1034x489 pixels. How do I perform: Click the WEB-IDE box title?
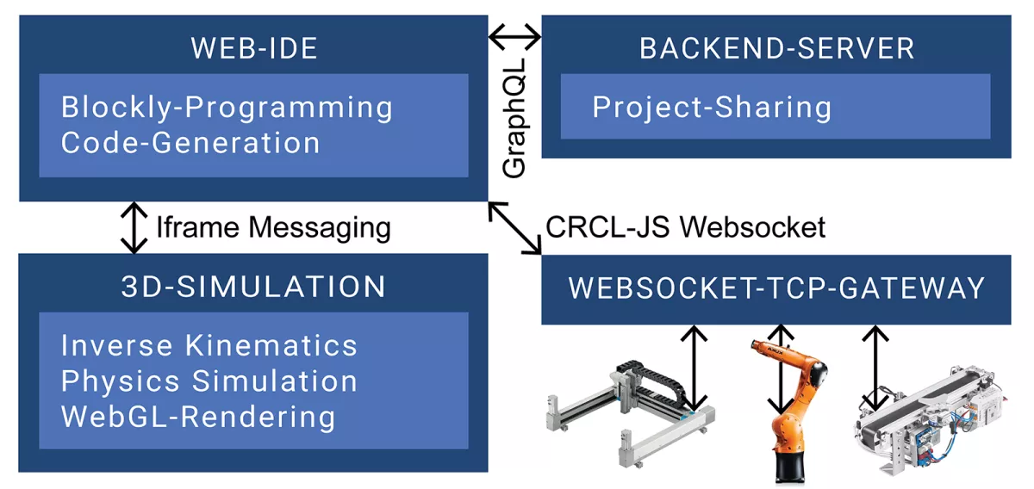click(x=253, y=48)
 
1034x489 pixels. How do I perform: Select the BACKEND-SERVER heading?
click(x=776, y=48)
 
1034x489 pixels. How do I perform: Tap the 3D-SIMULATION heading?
click(x=253, y=287)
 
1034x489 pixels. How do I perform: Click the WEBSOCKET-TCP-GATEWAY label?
click(x=776, y=288)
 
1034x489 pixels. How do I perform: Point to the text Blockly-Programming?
click(x=227, y=108)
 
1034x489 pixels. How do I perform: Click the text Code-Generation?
click(x=190, y=142)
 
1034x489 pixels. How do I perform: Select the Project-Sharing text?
click(x=712, y=108)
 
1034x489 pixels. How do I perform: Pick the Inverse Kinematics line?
click(x=209, y=345)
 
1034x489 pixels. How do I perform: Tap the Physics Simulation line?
click(x=209, y=381)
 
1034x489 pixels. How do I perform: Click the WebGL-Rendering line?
click(x=198, y=417)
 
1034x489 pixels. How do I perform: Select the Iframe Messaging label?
click(x=273, y=227)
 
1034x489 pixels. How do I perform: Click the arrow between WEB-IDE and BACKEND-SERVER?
click(x=514, y=37)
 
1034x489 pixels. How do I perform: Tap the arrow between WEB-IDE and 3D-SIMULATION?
click(x=134, y=228)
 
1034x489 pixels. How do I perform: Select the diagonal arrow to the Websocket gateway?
click(x=514, y=228)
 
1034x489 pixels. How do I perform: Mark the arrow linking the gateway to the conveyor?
click(x=875, y=366)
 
